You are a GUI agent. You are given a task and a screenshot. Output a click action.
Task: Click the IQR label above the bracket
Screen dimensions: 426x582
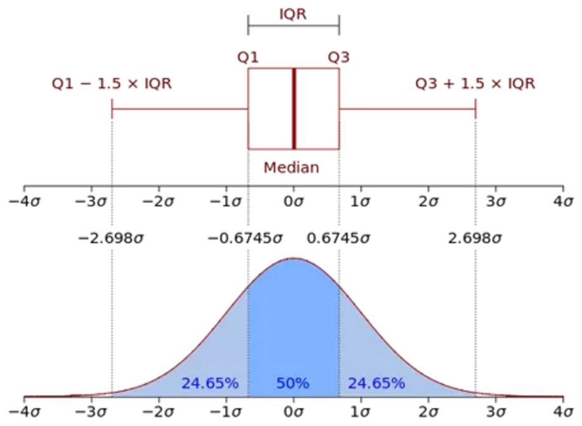tap(293, 14)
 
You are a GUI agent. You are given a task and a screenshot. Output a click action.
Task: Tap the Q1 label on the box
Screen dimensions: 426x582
tap(248, 57)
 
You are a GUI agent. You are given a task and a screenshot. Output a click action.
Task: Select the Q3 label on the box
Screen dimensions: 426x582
tap(339, 57)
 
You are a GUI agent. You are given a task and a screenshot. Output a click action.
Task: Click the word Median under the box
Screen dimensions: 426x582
tap(292, 168)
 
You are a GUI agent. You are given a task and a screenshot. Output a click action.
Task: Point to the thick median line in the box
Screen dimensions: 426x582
tap(294, 109)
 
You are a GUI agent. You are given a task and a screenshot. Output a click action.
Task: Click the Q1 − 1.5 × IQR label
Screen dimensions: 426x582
tap(112, 84)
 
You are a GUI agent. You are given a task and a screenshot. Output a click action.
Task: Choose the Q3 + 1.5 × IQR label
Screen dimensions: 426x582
tap(475, 84)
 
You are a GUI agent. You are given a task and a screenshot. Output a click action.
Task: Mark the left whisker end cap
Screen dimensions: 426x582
tap(112, 109)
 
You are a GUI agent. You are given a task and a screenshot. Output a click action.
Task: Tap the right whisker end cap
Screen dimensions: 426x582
tap(475, 109)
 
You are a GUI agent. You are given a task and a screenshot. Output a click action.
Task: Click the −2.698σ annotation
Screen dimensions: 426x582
tap(112, 239)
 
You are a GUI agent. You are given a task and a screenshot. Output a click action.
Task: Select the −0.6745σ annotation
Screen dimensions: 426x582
tap(245, 239)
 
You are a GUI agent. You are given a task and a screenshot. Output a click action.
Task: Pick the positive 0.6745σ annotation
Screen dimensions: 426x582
tap(338, 239)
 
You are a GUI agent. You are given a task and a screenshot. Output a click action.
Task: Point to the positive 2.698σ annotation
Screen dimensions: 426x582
tap(475, 239)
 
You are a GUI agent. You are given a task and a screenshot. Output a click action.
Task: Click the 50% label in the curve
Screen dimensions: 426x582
tap(293, 383)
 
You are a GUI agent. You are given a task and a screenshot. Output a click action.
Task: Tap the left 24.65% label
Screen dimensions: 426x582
tap(210, 383)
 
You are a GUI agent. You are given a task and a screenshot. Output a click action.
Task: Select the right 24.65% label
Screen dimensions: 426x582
tap(376, 383)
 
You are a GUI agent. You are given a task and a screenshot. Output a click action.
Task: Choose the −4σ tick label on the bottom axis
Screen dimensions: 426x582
tap(24, 411)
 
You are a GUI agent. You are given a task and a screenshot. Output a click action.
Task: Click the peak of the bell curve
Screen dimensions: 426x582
tap(293, 258)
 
